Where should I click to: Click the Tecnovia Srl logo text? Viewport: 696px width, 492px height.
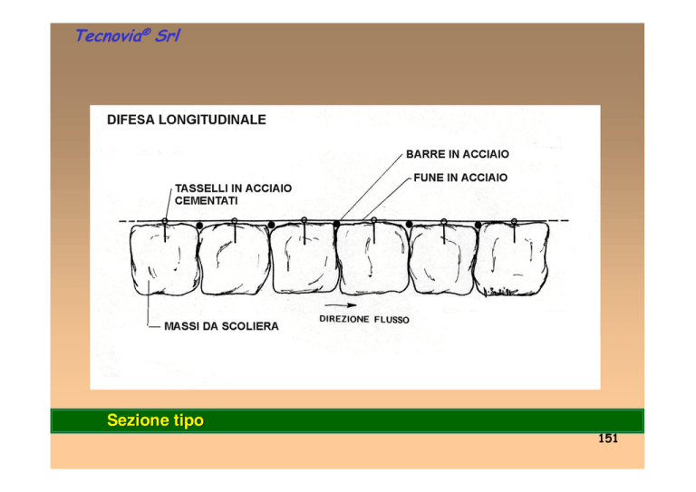[x=128, y=35]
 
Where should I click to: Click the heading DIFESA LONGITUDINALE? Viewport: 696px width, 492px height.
[x=187, y=120]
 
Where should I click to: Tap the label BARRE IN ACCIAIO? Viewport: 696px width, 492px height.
[x=458, y=154]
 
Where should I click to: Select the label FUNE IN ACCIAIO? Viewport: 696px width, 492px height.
[x=460, y=178]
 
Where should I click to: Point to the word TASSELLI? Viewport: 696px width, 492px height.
[x=201, y=188]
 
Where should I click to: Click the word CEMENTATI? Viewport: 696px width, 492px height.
[x=207, y=200]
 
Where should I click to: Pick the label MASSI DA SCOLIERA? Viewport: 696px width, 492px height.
[x=221, y=326]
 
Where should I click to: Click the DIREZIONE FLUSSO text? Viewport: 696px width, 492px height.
[x=364, y=320]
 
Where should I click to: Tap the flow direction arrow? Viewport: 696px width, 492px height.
[x=341, y=305]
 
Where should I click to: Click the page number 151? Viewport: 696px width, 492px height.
[x=608, y=439]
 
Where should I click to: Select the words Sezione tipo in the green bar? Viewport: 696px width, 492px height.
[x=155, y=420]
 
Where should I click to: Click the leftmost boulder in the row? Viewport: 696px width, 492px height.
[x=164, y=259]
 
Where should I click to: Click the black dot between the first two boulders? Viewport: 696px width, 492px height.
[x=199, y=226]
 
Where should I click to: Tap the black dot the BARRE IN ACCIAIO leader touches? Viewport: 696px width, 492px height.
[x=337, y=224]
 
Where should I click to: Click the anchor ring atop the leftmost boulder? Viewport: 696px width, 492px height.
[x=165, y=221]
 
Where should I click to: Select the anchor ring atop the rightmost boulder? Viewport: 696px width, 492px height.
[x=514, y=221]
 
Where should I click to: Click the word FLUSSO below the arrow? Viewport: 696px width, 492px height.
[x=391, y=320]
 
